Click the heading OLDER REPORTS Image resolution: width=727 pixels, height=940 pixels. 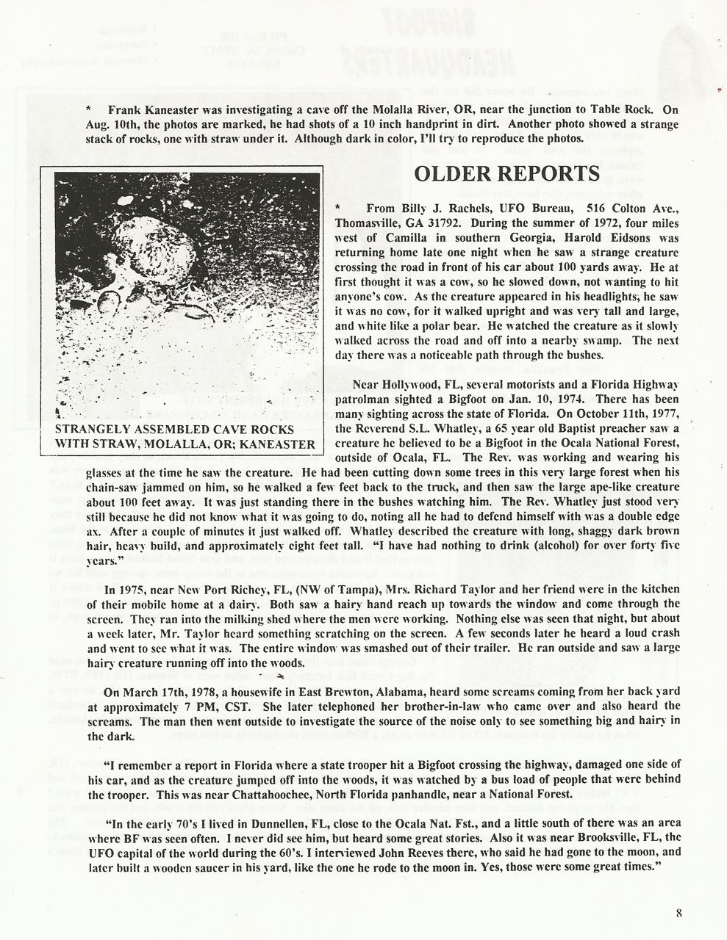pos(506,174)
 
